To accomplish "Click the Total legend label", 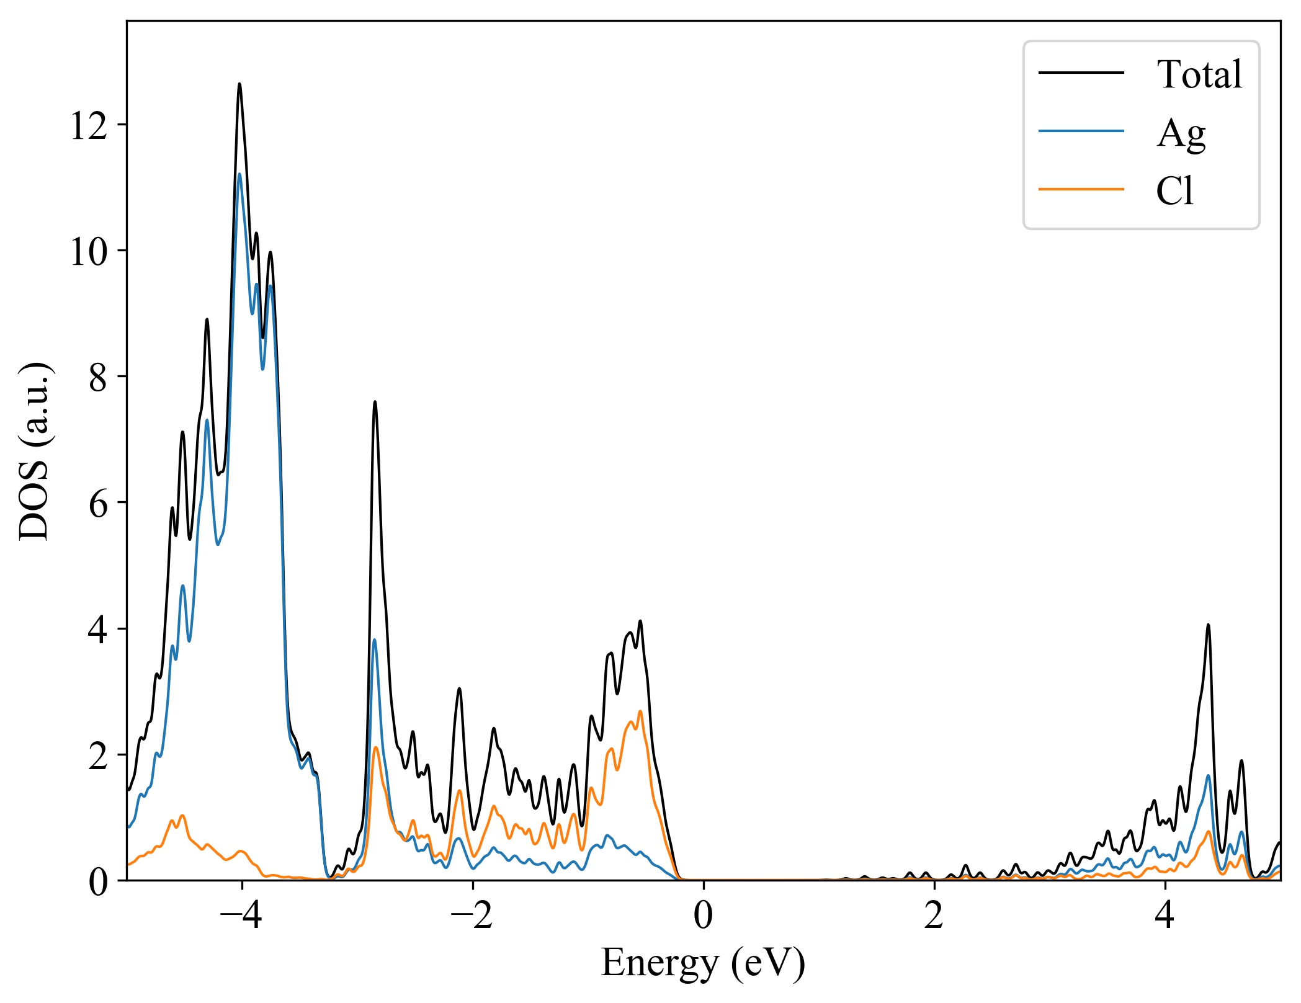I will tap(1199, 74).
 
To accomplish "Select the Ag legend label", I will tap(1181, 133).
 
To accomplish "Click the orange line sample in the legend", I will tap(1081, 189).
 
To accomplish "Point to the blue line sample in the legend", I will tap(1081, 131).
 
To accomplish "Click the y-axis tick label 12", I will tap(89, 126).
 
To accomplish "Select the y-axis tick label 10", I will tap(89, 252).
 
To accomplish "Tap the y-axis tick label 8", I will tap(98, 378).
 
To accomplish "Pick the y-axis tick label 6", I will tap(98, 504).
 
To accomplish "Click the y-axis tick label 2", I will tap(98, 756).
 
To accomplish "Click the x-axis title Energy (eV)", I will tap(703, 963).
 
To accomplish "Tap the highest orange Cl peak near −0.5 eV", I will tap(640, 711).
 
